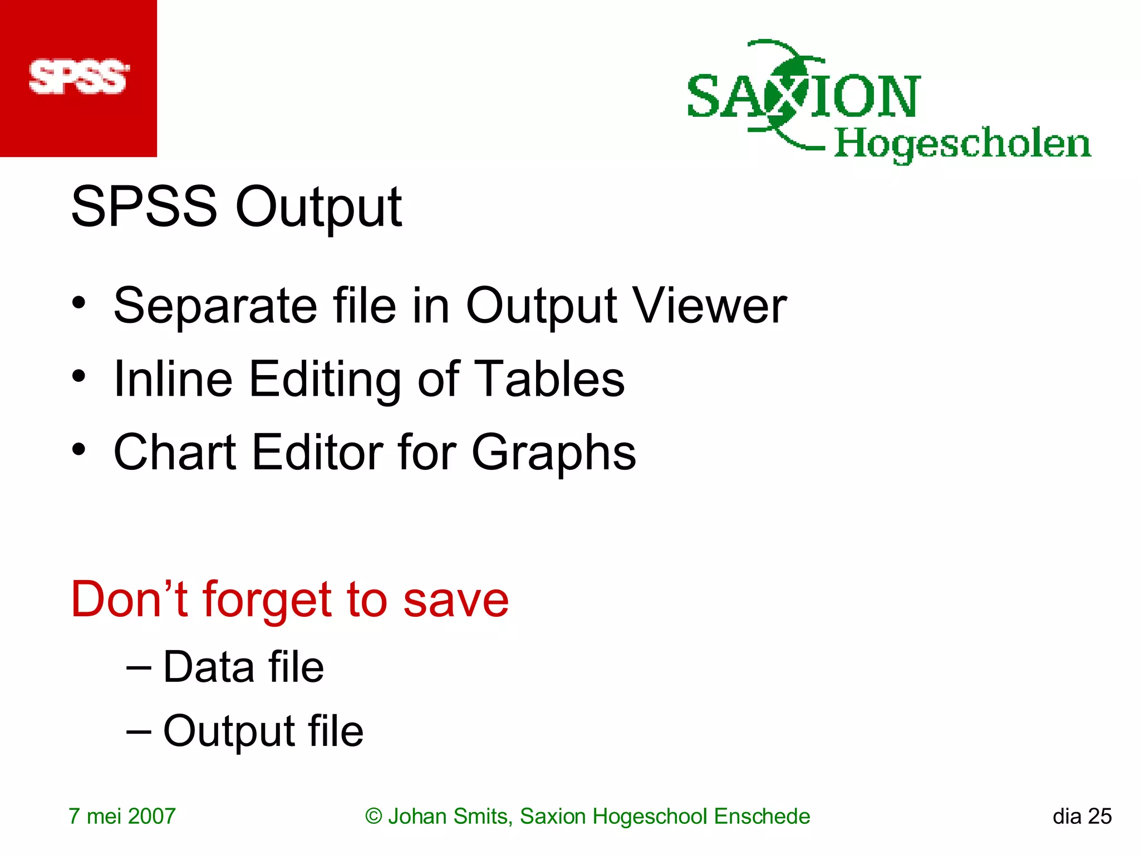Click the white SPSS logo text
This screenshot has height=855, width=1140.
click(78, 77)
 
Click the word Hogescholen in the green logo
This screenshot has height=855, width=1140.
click(962, 144)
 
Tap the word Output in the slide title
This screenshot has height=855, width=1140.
click(318, 207)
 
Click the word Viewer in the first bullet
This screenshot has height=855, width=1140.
click(710, 306)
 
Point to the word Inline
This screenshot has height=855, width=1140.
click(173, 379)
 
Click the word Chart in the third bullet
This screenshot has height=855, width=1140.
click(175, 452)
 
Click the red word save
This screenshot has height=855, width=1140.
click(455, 600)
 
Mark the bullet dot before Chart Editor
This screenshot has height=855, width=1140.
click(79, 449)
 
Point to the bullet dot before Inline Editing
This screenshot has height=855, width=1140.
click(79, 376)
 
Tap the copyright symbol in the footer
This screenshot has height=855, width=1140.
click(374, 817)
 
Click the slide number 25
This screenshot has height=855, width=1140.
click(1099, 817)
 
